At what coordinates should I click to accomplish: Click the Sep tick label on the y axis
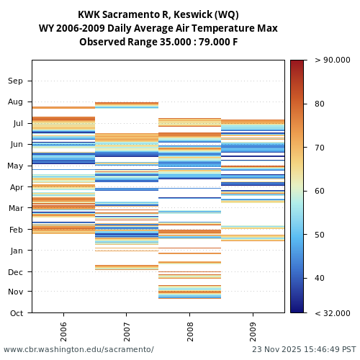click(x=16, y=81)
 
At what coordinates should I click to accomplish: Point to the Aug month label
click(x=16, y=102)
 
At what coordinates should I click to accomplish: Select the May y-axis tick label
click(x=15, y=166)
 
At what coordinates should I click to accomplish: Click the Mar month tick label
click(x=16, y=209)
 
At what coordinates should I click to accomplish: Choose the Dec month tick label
click(x=16, y=272)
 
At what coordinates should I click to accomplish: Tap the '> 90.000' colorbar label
click(x=330, y=60)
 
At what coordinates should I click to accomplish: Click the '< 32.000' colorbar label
click(x=330, y=313)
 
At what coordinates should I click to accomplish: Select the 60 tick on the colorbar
click(x=320, y=192)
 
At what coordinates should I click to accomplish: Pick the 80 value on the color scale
click(x=320, y=104)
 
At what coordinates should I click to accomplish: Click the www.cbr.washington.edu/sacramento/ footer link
click(x=78, y=350)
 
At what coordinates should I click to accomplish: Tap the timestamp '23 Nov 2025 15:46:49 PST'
click(x=304, y=350)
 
